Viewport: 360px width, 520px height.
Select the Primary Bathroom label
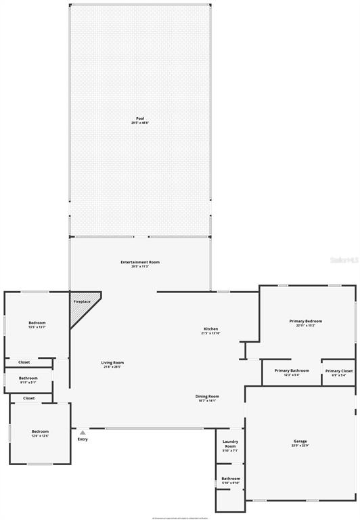click(x=292, y=372)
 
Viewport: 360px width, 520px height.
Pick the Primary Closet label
click(x=338, y=372)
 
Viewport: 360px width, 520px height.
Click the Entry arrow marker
click(x=83, y=432)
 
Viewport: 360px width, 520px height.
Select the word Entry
click(x=83, y=439)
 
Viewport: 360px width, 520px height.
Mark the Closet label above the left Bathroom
click(x=24, y=362)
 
